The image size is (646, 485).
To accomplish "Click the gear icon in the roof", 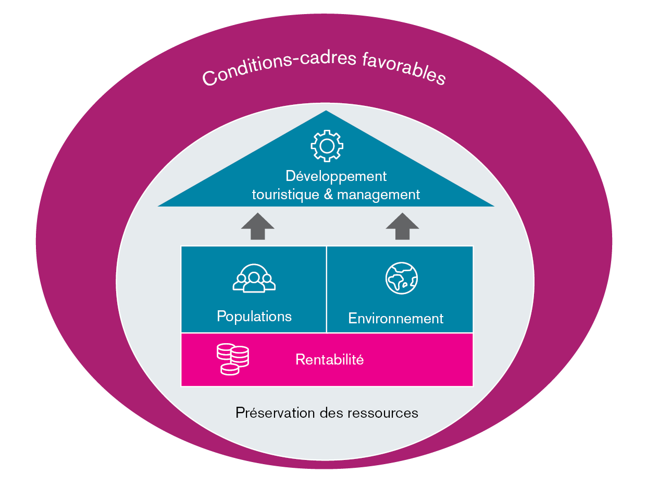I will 327,145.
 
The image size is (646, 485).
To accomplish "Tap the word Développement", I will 336,176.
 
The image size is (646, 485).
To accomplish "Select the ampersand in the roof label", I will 328,195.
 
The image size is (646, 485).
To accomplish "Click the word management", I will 378,195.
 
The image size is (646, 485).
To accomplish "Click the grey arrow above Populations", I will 258,226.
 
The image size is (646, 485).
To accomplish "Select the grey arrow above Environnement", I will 402,226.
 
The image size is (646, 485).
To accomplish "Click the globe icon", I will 402,278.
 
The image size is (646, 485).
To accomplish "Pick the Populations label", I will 254,317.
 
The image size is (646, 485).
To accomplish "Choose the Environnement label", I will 396,319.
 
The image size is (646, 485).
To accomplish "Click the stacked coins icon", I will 232,359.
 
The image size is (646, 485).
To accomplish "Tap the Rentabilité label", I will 329,359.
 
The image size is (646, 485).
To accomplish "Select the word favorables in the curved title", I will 404,68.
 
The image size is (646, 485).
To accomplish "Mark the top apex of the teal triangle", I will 326,111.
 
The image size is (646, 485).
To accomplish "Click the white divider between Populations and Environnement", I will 327,289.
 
